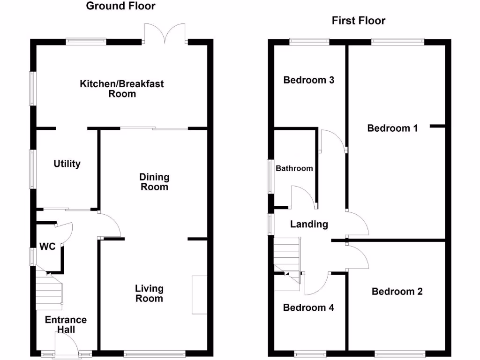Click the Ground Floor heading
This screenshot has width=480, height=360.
coord(120,6)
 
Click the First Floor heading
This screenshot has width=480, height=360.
coord(359,21)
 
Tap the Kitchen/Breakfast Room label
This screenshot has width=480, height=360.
coord(122,89)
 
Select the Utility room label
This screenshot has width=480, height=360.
coord(67,164)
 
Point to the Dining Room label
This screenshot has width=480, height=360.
coord(154,182)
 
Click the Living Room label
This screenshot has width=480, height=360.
coord(150,293)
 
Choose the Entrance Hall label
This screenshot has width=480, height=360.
coord(66,324)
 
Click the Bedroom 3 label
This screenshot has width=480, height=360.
coord(309,80)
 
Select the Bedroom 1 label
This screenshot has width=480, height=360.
coord(392,128)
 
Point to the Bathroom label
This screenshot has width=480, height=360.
coord(294,168)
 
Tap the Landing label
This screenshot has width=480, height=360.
coord(309,224)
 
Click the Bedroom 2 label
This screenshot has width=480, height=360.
coord(397,292)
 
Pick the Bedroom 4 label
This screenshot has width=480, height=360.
coord(308,307)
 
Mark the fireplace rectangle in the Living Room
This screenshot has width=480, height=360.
coord(199,295)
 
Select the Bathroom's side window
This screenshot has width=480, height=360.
coord(270,176)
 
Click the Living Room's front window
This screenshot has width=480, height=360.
coord(154,354)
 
